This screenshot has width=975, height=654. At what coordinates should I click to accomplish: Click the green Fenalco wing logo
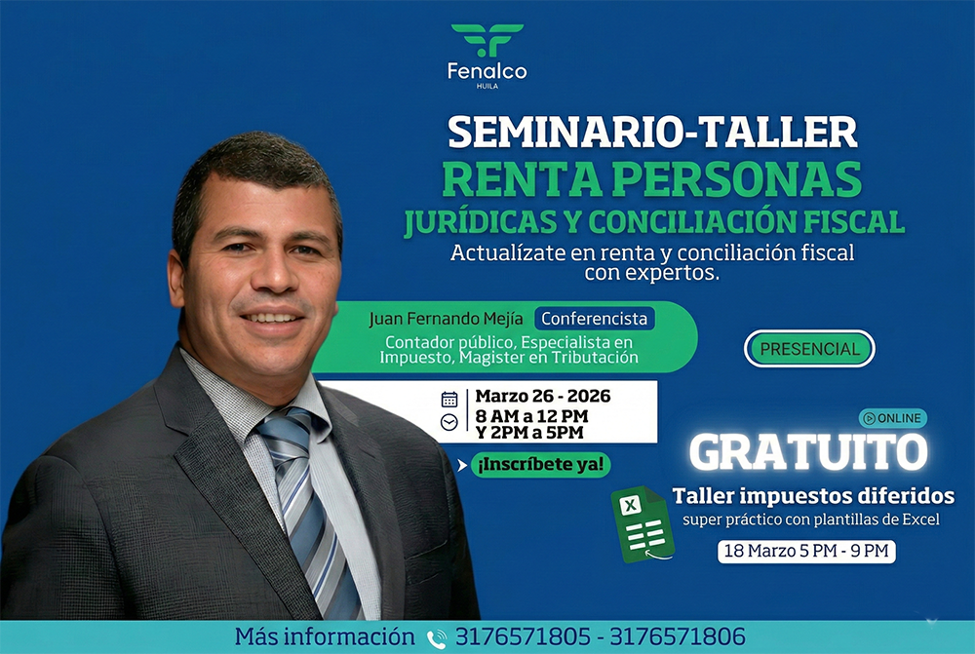(487, 40)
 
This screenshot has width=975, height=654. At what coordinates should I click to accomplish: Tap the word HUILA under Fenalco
(487, 86)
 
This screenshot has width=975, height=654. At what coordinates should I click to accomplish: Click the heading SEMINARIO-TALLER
(652, 133)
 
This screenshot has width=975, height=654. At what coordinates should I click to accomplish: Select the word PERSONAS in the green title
(741, 179)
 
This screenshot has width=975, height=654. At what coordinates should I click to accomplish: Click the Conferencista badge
(595, 319)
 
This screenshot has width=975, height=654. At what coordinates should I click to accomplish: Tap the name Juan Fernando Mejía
(446, 319)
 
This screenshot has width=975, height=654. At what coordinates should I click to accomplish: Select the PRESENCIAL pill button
(809, 349)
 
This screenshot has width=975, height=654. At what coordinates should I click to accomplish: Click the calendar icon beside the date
(448, 399)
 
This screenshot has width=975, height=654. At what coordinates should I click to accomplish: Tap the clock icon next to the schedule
(448, 423)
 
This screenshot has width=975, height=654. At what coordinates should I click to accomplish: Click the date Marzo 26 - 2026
(543, 396)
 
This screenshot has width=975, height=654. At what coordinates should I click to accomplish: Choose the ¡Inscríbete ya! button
(540, 464)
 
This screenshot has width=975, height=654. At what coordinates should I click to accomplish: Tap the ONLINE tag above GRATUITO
(893, 418)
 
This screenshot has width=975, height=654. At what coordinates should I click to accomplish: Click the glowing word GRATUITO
(808, 452)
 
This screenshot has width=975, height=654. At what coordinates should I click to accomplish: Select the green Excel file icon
(643, 524)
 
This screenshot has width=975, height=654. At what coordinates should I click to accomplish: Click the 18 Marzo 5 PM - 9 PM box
(806, 552)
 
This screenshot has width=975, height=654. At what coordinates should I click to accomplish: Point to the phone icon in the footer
(437, 638)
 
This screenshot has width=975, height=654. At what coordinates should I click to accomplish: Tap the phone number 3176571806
(678, 636)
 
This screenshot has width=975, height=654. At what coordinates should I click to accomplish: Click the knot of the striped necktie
(284, 428)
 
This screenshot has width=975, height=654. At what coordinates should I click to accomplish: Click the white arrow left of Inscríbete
(462, 465)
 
